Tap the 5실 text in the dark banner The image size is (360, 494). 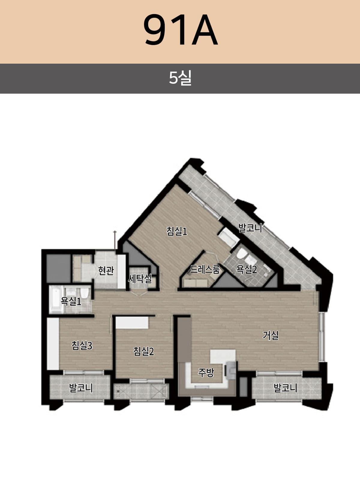click(x=180, y=78)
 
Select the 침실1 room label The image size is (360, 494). click(x=177, y=231)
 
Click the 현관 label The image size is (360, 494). click(x=106, y=270)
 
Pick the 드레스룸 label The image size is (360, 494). click(x=205, y=269)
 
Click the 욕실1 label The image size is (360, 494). click(x=71, y=301)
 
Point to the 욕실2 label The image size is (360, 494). click(x=247, y=269)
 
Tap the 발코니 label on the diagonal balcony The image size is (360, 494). click(x=250, y=228)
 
